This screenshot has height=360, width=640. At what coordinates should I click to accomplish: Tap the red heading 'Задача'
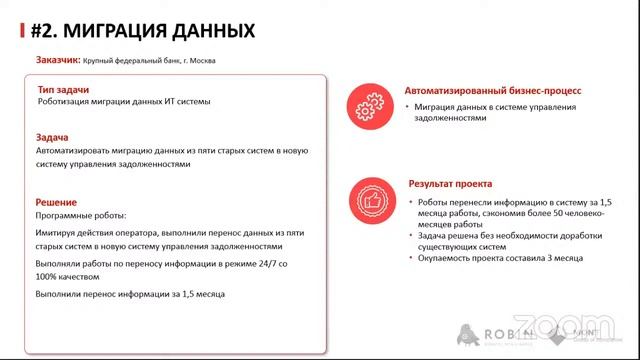[x=52, y=137]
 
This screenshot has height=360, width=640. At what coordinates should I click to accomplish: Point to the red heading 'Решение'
[x=56, y=202]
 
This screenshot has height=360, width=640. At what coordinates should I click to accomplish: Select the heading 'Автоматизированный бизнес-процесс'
[x=480, y=90]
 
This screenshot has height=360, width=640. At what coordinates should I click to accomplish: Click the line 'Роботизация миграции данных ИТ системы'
[x=124, y=102]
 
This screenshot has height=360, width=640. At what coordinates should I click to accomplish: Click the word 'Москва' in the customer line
[x=200, y=61]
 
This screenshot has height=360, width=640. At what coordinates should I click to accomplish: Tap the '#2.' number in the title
[x=44, y=31]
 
